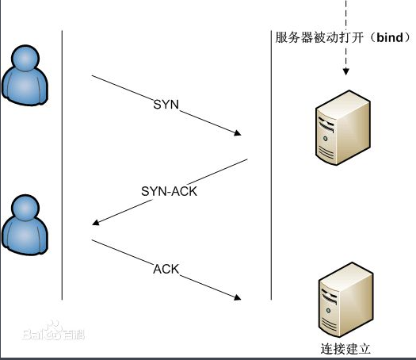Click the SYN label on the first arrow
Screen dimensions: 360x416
(x=167, y=105)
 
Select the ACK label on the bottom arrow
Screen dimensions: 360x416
(x=166, y=269)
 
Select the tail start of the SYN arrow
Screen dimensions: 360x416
(x=93, y=76)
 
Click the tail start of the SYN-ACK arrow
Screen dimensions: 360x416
(x=247, y=160)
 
